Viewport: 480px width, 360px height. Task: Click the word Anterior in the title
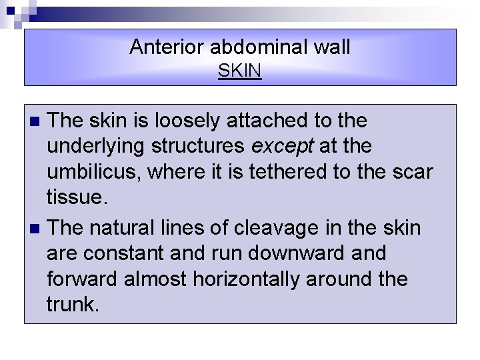coord(166,47)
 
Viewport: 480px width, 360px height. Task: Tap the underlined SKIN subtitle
coord(240,70)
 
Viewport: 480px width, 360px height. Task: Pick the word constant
coord(135,254)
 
